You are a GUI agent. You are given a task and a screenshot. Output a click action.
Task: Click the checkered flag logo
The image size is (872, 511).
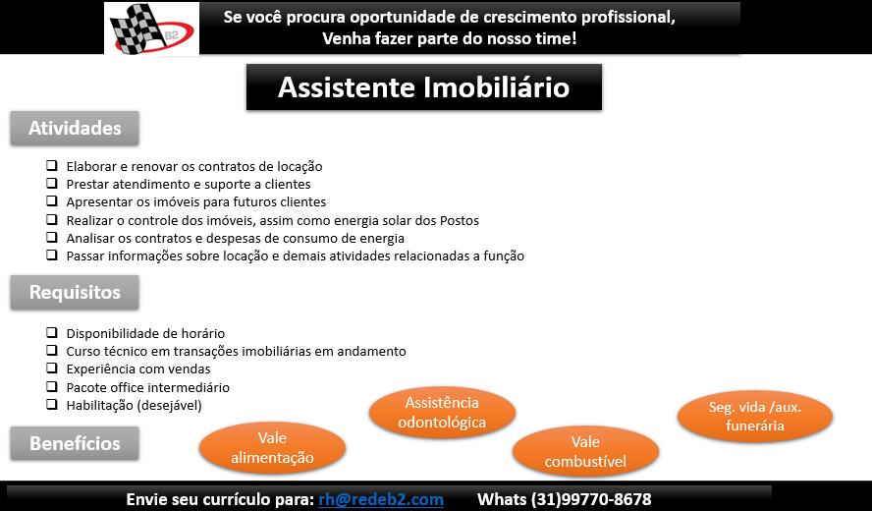tap(152, 28)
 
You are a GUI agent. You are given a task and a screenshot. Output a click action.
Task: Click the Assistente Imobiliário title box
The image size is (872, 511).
tap(424, 86)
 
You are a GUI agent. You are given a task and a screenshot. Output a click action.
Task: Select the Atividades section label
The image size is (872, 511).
tap(75, 128)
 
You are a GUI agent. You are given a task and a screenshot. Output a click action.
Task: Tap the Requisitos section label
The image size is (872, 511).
tap(75, 292)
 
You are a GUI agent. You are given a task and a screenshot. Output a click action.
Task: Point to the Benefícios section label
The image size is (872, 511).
tap(75, 443)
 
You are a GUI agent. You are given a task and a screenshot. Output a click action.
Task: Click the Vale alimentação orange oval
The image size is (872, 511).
tap(273, 447)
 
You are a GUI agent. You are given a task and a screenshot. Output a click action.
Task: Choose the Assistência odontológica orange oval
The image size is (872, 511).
tap(442, 413)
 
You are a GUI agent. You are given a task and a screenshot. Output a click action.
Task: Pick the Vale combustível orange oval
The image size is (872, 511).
tap(585, 451)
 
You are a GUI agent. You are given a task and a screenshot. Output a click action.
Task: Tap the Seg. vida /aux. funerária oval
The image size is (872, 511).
tap(755, 416)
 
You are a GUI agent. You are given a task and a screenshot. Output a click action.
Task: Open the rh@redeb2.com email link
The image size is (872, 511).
tap(381, 499)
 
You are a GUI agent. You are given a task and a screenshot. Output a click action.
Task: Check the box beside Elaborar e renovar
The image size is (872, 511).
tap(52, 165)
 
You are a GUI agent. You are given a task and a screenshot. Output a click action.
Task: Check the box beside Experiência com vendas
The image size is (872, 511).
tap(52, 368)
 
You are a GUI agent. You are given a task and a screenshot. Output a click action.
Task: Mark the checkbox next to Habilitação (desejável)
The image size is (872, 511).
tap(52, 404)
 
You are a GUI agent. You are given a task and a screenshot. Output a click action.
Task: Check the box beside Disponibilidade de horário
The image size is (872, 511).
tap(52, 332)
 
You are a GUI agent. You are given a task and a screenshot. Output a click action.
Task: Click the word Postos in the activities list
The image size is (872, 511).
tap(460, 220)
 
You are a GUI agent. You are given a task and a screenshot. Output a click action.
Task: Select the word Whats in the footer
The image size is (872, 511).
tap(502, 499)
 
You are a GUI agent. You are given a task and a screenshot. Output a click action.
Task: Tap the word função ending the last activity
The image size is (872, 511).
tap(504, 256)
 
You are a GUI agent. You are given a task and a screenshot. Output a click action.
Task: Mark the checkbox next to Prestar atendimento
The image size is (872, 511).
tap(52, 183)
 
